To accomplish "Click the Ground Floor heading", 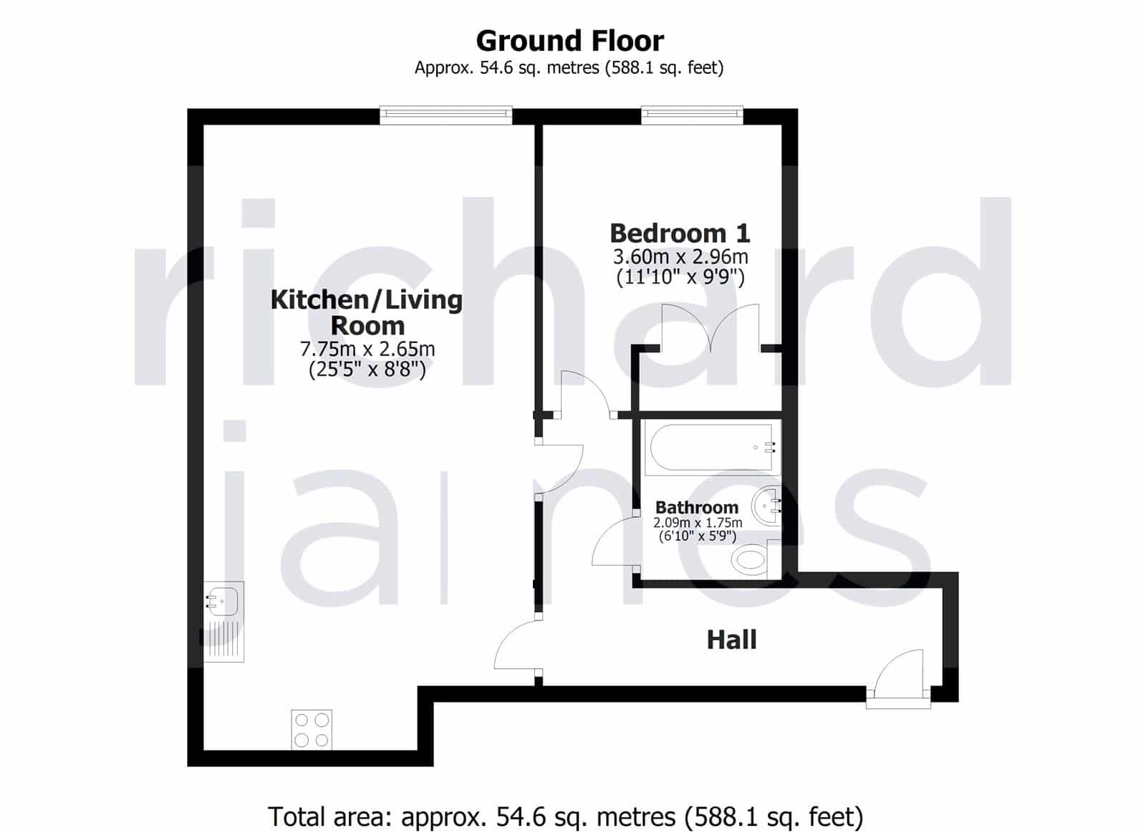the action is [x=569, y=41].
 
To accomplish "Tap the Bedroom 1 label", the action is [x=680, y=233].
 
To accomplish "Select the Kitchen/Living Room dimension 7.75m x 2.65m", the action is [x=367, y=349].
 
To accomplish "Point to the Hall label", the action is [x=731, y=640].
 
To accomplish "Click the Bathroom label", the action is [x=697, y=508].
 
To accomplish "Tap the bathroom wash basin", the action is [x=766, y=506].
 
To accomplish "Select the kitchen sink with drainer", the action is [x=223, y=622].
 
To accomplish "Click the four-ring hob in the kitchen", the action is [x=312, y=730].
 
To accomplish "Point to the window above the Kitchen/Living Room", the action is [x=446, y=115].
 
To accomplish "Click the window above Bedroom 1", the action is [x=692, y=115].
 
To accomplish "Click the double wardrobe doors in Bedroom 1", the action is [x=711, y=328].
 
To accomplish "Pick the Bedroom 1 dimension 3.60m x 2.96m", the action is [x=680, y=256].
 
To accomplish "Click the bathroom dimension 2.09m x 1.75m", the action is [x=698, y=523].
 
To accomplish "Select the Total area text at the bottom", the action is [x=565, y=803].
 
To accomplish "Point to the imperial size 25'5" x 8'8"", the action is [x=367, y=370].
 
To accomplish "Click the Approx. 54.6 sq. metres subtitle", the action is [x=569, y=67].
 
